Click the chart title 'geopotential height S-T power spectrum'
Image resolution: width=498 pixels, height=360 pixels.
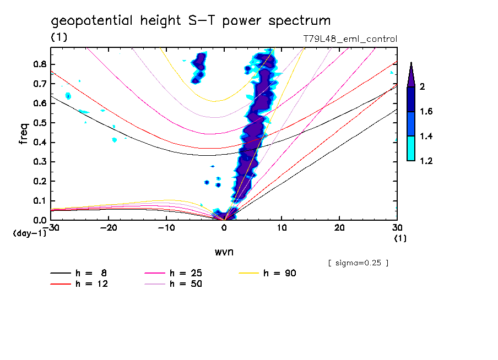(x=191, y=21)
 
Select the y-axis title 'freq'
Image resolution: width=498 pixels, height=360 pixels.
(x=24, y=134)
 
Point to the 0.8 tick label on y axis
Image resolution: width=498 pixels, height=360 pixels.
(x=39, y=64)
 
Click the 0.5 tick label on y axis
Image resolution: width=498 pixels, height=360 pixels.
(x=39, y=123)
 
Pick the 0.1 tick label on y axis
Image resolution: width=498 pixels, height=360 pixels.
(x=39, y=201)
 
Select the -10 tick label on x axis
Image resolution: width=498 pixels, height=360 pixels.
(x=165, y=227)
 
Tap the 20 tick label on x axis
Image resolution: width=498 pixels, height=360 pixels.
(x=339, y=227)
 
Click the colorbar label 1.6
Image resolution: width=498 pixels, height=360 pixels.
(x=425, y=112)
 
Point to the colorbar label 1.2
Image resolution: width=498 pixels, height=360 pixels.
(x=425, y=161)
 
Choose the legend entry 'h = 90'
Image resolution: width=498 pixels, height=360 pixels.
(x=280, y=273)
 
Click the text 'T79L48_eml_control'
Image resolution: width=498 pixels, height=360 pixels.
(x=350, y=39)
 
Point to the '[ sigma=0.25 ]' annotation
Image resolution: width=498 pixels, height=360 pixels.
(x=358, y=263)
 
